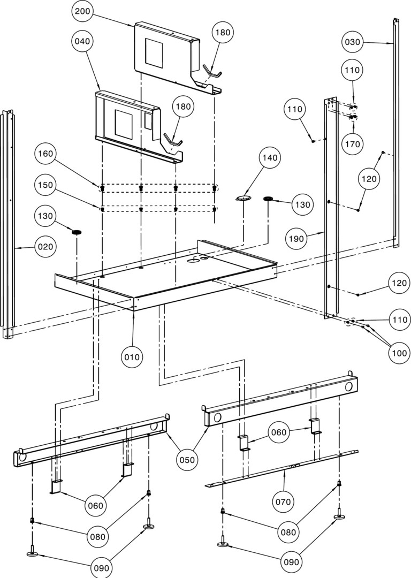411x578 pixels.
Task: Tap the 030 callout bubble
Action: point(354,42)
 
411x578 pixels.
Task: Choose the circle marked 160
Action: point(47,154)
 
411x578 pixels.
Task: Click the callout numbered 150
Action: point(47,185)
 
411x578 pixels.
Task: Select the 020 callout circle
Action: point(47,247)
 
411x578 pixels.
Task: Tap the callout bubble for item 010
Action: point(132,356)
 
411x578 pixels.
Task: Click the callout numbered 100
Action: point(400,353)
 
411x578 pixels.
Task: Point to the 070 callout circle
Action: point(283,501)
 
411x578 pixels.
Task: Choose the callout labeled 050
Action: point(187,459)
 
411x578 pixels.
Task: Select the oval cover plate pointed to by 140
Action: point(243,198)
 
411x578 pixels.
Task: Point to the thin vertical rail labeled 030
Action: point(395,134)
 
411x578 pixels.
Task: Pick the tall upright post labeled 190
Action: point(331,209)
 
